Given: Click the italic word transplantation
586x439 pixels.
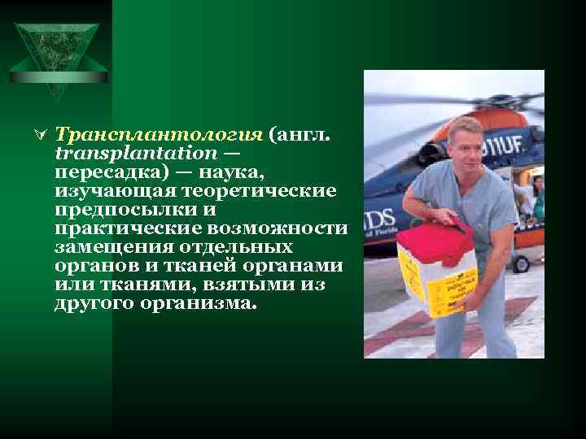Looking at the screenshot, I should pos(136,153).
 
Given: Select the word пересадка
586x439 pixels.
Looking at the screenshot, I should pos(103,172).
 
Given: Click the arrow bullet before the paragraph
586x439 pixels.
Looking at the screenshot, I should pos(45,135).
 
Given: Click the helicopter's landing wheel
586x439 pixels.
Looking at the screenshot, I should pos(520,263).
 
